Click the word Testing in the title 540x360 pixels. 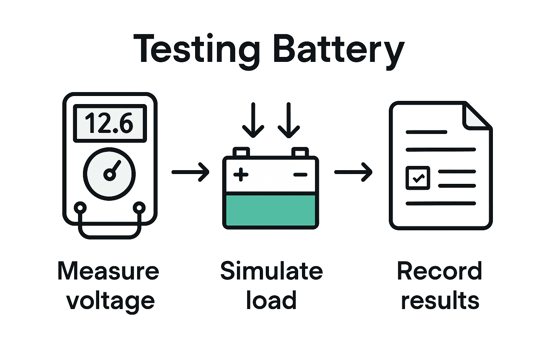(197, 49)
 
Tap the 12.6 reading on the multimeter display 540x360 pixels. (109, 123)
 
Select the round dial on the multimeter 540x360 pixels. (109, 174)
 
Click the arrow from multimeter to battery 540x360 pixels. (191, 172)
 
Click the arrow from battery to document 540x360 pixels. (353, 172)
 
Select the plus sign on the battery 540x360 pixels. (241, 174)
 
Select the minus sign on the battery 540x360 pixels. (300, 174)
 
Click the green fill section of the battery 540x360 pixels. (270, 210)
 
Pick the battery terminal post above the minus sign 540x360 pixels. (300, 152)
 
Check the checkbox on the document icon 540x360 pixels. (418, 178)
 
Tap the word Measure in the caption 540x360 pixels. (108, 271)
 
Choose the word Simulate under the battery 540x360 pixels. (271, 271)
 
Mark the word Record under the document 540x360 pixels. (439, 271)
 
